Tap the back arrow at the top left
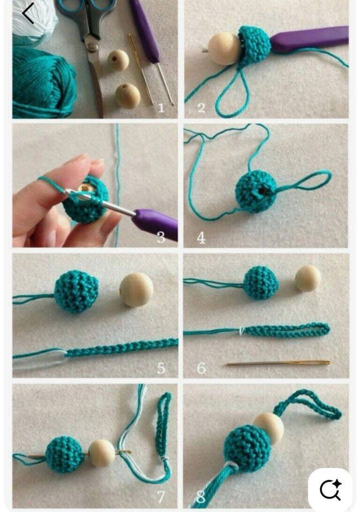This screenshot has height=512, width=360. tap(28, 14)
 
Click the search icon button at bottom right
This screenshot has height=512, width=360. tap(330, 490)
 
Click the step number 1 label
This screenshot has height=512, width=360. tap(161, 108)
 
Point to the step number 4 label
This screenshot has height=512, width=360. tap(201, 238)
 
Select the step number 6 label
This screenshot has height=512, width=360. tap(201, 368)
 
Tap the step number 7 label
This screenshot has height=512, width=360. tap(161, 497)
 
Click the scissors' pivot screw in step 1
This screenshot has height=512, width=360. tap(92, 47)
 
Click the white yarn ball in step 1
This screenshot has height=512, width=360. tap(34, 20)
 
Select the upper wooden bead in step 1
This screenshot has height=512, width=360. tap(118, 60)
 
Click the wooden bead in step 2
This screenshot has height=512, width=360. tap(224, 48)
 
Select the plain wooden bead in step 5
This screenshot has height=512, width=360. tap(136, 290)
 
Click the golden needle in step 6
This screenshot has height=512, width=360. tap(278, 363)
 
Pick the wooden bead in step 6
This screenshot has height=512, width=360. tap(308, 278)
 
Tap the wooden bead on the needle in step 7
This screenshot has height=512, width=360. tap(102, 453)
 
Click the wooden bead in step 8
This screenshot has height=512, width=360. tap(268, 426)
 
